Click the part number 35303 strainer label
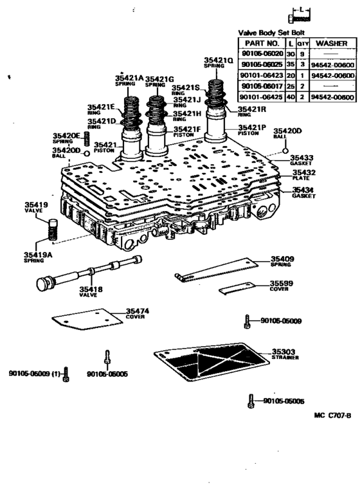pos(283,352)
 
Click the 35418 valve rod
pos(84,274)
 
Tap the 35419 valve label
pos(33,206)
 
